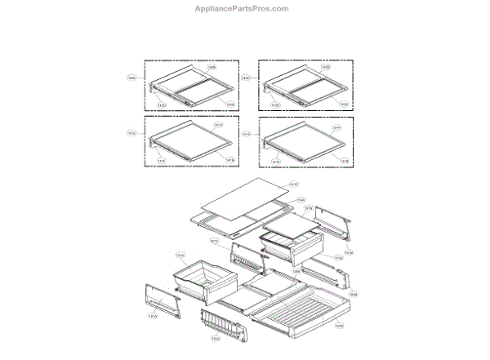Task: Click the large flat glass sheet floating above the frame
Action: (x=241, y=199)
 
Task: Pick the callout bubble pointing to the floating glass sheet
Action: (x=293, y=185)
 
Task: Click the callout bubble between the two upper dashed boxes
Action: (x=246, y=78)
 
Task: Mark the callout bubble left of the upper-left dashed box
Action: (x=131, y=78)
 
